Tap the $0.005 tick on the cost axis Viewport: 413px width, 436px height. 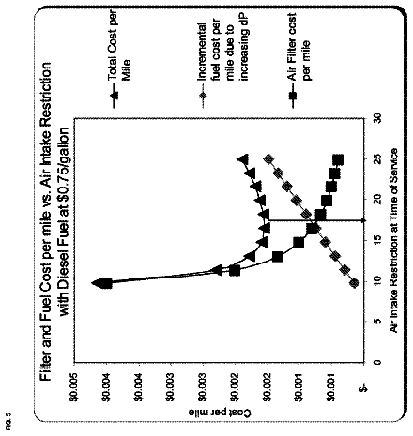tap(75, 387)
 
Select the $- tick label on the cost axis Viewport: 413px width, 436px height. tap(364, 388)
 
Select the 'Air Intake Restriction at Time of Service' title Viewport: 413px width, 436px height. tap(393, 241)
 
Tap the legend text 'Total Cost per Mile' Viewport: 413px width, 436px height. tap(118, 45)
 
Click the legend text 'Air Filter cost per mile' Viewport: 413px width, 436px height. tap(298, 47)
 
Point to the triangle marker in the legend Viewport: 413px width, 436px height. tap(115, 95)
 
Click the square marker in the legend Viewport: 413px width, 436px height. tap(293, 95)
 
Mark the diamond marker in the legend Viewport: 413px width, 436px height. tap(204, 95)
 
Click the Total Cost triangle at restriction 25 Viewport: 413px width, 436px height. tap(243, 158)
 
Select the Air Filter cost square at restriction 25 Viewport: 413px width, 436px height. tap(338, 160)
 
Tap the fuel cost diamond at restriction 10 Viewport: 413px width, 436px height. tap(354, 283)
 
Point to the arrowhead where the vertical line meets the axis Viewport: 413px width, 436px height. tap(363, 221)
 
